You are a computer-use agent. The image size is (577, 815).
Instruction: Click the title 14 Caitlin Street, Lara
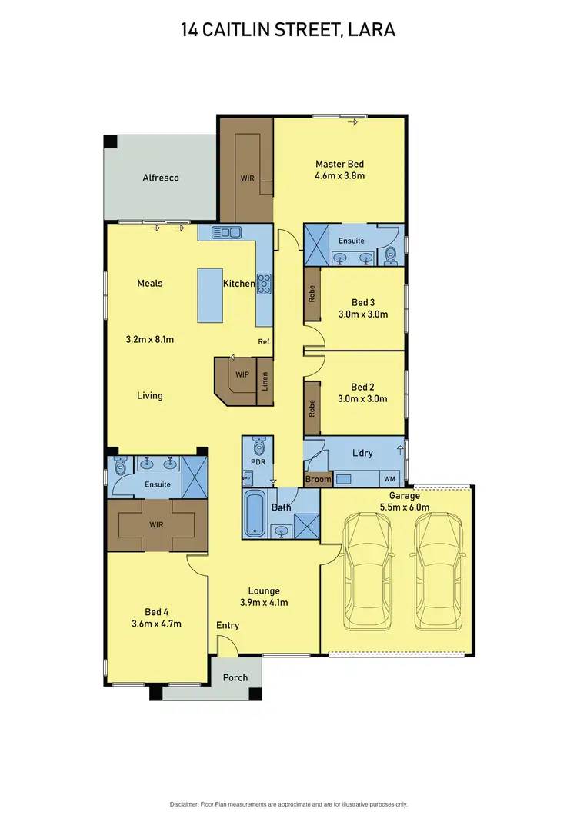tap(288, 30)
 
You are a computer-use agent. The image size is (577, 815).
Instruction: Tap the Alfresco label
tap(161, 178)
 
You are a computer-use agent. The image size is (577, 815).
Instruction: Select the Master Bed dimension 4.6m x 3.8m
tap(339, 176)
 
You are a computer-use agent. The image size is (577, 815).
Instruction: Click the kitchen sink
tap(227, 231)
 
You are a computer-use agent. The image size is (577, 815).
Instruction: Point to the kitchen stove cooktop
tap(264, 284)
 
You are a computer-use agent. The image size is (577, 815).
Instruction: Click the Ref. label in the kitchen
tap(264, 341)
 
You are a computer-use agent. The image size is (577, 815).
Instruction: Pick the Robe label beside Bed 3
tap(312, 293)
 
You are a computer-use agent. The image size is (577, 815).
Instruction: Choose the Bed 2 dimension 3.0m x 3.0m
tap(362, 399)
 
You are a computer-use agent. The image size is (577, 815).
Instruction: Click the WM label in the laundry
tap(390, 479)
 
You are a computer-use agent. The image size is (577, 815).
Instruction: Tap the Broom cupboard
tap(318, 479)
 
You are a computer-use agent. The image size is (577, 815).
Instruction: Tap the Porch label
tap(235, 677)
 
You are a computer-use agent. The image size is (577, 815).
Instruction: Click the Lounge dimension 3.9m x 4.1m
tap(264, 603)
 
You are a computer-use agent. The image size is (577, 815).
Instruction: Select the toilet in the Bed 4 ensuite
tap(119, 466)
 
